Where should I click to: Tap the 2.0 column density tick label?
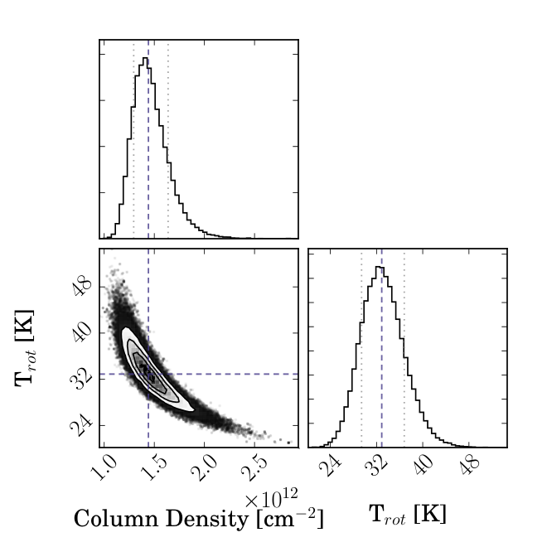204,467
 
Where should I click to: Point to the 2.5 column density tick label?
254,467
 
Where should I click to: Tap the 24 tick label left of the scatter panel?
81,424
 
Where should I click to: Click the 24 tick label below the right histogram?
329,466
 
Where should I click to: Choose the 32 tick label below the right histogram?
377,466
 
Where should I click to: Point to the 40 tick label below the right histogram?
424,466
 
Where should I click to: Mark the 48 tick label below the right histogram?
470,466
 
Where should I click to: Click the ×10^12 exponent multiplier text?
271,498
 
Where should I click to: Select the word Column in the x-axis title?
116,519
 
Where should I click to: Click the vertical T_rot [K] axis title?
26,348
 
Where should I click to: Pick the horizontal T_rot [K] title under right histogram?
408,514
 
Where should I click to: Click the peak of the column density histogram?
145,58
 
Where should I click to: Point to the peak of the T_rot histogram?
380,267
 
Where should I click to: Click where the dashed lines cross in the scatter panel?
148,374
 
